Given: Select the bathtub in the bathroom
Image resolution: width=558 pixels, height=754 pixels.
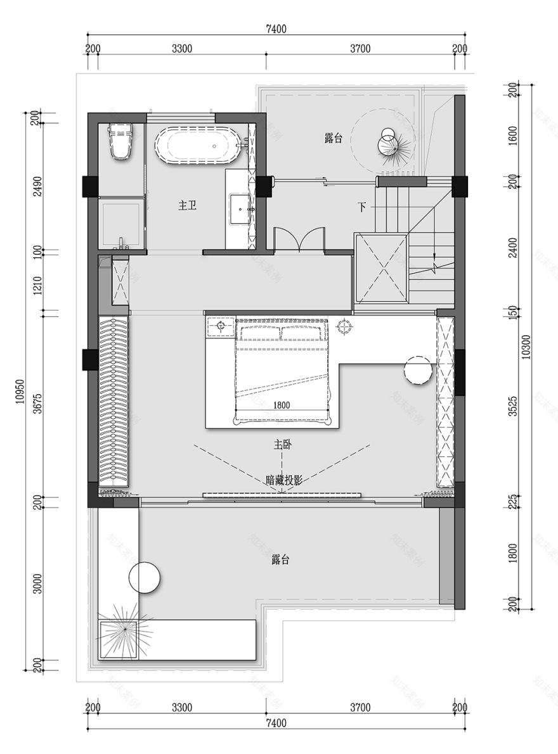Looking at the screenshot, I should coord(198,146).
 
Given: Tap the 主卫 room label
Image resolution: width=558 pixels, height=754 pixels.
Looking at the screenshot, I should coord(186,205).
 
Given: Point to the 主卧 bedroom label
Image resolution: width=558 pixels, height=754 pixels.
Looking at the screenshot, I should coord(282,445).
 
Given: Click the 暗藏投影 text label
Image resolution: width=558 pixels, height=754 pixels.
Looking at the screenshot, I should coord(284,480).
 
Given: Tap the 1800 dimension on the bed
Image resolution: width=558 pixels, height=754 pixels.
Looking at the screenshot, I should coord(282,406).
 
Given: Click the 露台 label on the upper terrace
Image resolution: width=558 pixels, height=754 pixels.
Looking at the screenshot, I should coord(333,138).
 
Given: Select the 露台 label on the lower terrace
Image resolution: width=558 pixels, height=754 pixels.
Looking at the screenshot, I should coord(281,560).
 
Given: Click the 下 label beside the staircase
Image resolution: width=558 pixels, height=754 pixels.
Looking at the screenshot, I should coord(362,207).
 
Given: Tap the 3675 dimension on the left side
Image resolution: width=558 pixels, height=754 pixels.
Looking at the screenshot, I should coord(38,404).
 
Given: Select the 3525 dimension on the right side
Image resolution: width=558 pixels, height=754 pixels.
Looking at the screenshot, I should coord(513,406).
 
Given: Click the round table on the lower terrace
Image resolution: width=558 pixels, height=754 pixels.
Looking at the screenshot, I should coord(144,577).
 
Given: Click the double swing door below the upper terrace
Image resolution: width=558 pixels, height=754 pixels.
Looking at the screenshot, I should coord(299,240).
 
